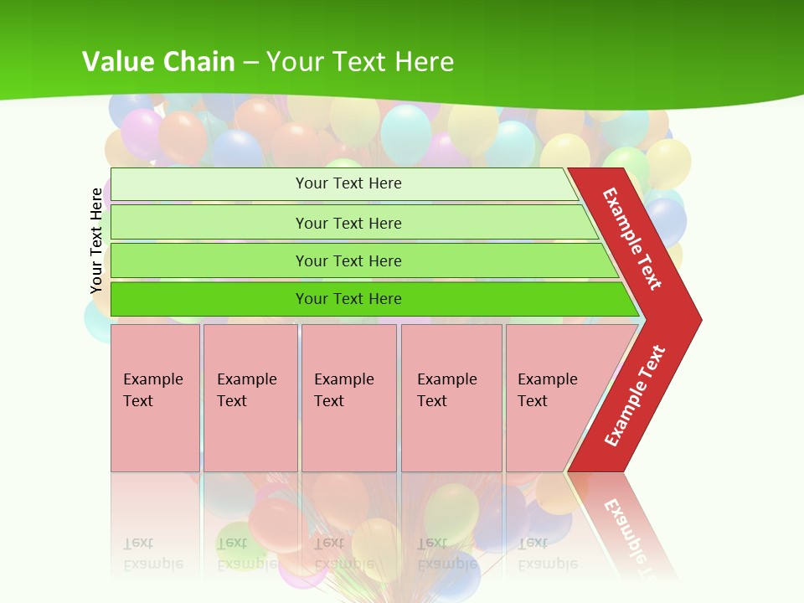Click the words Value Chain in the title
[158, 61]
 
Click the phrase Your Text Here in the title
[360, 61]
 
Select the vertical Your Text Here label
[96, 241]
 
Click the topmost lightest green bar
[209, 184]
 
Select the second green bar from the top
[209, 223]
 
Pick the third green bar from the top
[209, 260]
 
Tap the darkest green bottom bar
[209, 299]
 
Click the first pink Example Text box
[155, 398]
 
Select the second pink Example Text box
[250, 398]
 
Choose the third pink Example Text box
[348, 398]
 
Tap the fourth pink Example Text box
[451, 398]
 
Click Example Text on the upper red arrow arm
[632, 239]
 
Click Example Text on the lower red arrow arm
[635, 396]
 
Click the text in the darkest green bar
[348, 299]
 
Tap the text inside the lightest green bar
[348, 183]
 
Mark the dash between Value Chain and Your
[250, 63]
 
